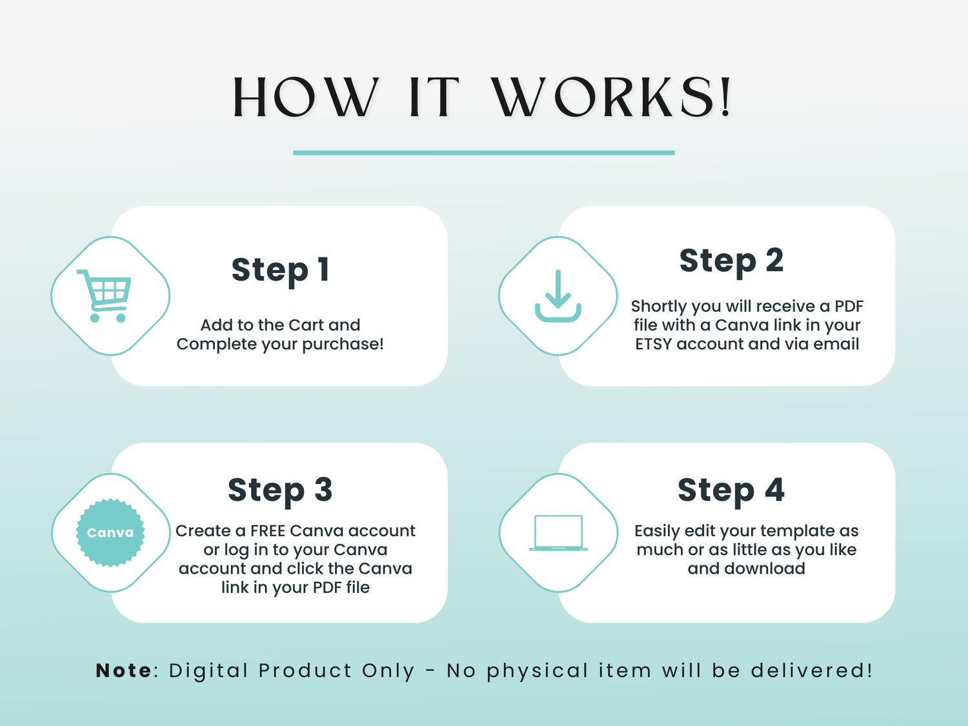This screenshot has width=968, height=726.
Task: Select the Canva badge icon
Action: coord(110,532)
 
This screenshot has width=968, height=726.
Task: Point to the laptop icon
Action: coord(558,533)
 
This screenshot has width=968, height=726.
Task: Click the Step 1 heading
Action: coord(281,270)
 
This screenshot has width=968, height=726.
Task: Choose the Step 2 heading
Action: coord(731,261)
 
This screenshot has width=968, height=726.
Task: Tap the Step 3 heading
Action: coord(280,490)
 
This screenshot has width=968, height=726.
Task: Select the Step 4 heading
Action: coord(731,490)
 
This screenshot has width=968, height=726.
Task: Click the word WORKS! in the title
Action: coord(611,97)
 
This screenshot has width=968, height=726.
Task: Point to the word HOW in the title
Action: coord(305,97)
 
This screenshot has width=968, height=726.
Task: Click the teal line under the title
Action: coord(484,152)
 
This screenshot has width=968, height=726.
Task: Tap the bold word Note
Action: coord(124,671)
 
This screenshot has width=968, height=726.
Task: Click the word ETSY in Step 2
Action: coord(654,344)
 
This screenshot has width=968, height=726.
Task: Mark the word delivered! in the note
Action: coord(811,671)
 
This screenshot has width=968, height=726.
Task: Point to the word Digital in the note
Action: coord(208,671)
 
